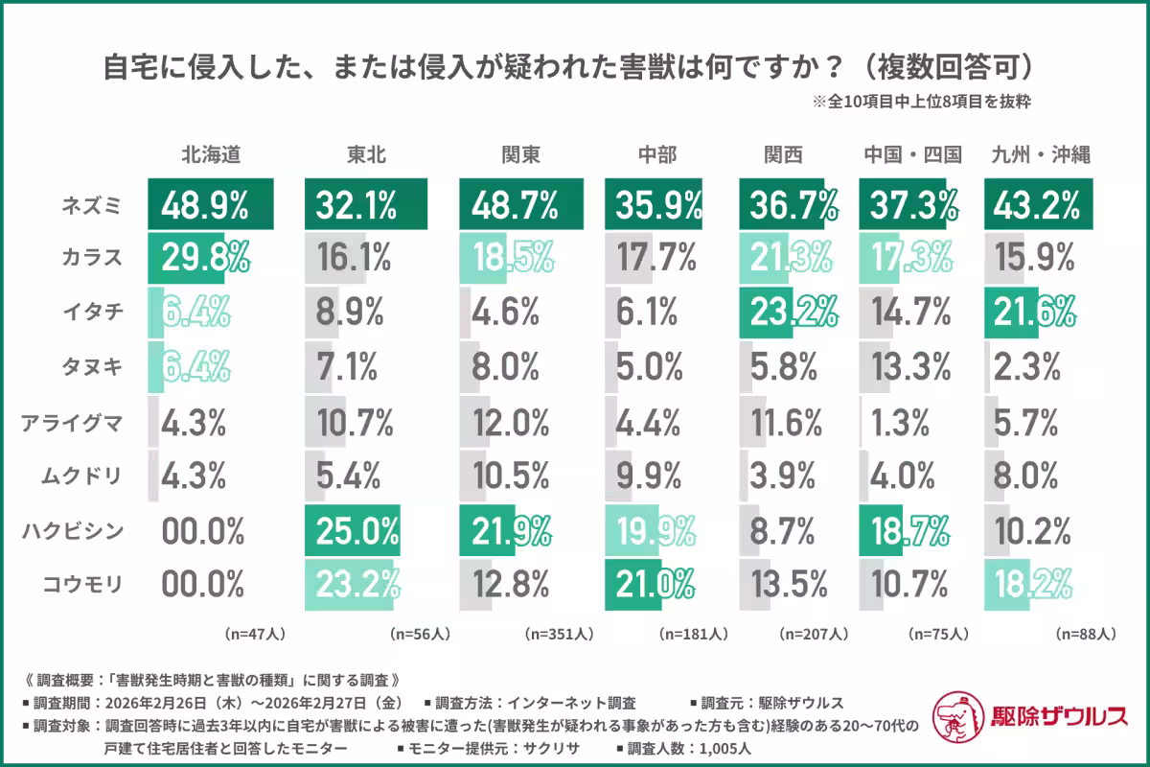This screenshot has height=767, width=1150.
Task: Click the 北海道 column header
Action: pos(211,154)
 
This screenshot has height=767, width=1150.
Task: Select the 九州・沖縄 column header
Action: pos(1041,154)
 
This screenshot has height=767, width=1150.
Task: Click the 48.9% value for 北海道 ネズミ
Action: pos(205,204)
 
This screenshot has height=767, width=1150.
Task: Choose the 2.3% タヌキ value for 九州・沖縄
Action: pos(1026,366)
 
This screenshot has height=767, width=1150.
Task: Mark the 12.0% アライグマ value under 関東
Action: pos(511,421)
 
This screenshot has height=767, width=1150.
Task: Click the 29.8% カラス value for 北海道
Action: pos(205,258)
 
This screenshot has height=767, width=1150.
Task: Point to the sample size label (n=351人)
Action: pos(559,634)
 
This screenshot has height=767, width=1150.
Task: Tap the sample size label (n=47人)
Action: pos(255,634)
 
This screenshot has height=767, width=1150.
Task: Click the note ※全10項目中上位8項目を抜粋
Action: pos(921,101)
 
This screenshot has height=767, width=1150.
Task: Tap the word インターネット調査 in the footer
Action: pos(573,703)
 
